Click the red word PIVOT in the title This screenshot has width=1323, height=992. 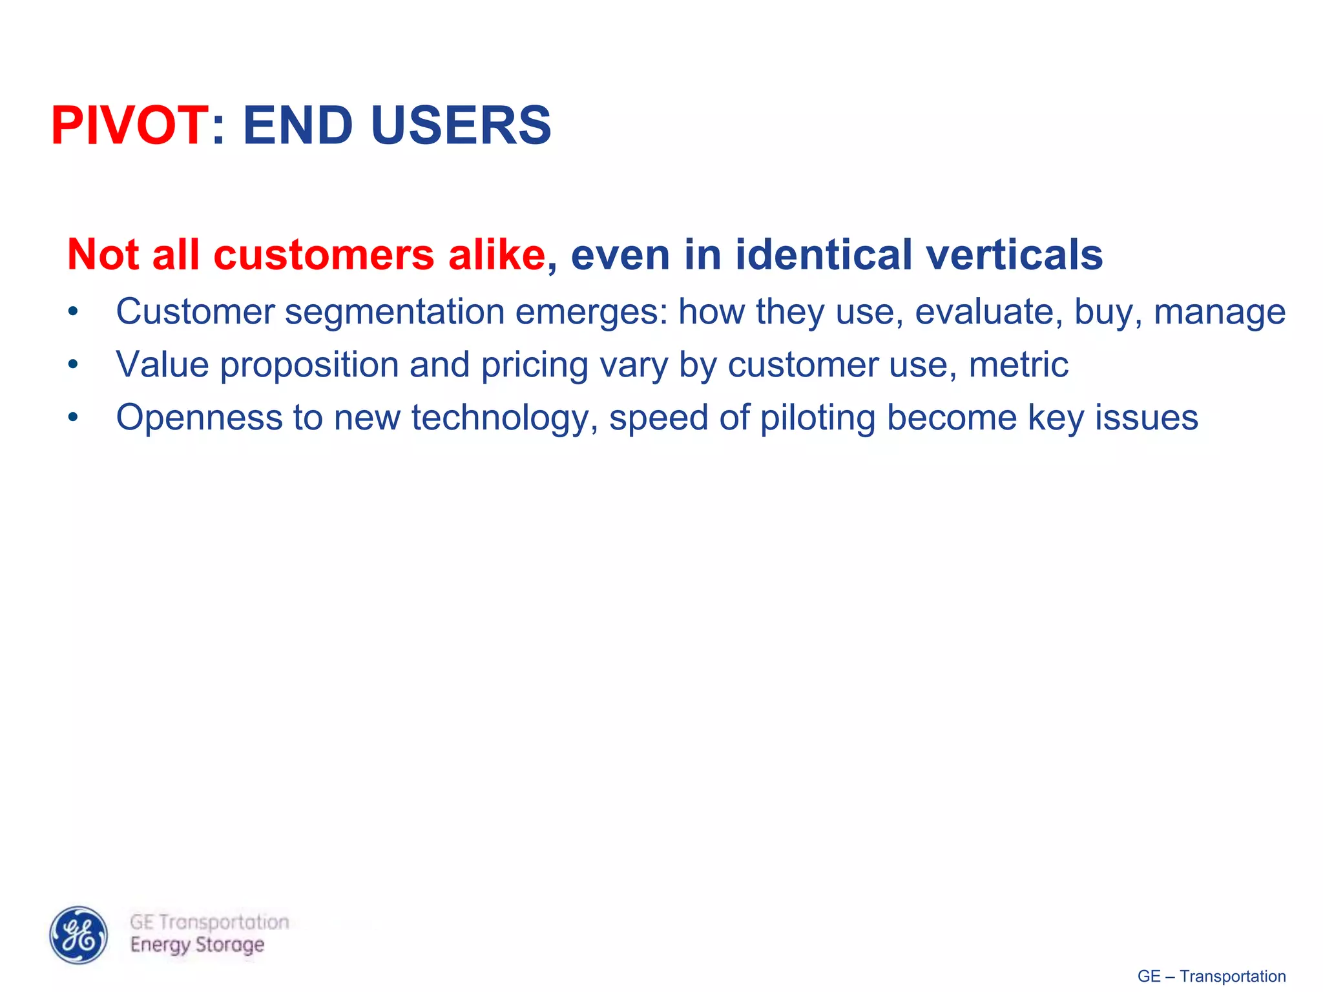129,126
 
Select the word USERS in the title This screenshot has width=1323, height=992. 461,126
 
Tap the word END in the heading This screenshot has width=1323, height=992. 298,126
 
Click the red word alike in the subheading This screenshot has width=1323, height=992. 497,255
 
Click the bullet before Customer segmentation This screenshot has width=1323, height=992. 73,313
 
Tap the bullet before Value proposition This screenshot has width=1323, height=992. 73,366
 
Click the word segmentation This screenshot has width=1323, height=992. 395,313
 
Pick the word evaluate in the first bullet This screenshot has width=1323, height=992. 988,313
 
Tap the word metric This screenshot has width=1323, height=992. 1018,366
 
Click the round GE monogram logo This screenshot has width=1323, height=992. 79,935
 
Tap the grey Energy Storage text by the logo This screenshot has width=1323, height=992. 197,945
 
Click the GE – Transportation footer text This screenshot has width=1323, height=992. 1211,976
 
